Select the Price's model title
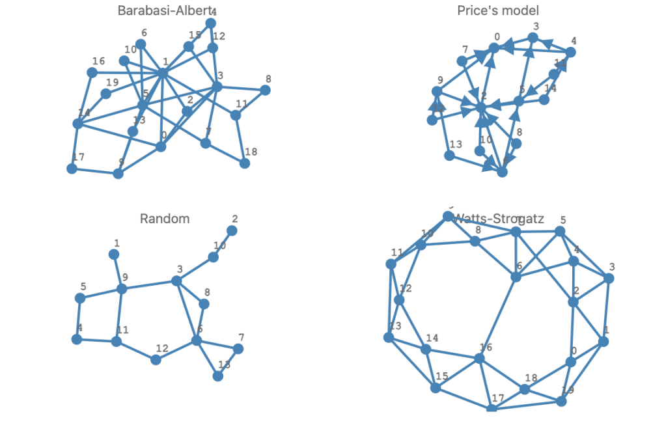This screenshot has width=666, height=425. (x=498, y=10)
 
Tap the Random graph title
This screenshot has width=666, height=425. (x=165, y=219)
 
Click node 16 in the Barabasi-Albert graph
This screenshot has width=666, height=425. (x=92, y=72)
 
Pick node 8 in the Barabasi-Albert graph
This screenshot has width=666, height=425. (x=265, y=90)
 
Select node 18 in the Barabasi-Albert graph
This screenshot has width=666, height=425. (x=245, y=163)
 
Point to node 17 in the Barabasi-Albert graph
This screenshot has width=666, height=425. (x=72, y=169)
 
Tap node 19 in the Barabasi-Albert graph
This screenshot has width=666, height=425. (x=105, y=94)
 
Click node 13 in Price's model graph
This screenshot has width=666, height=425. (x=449, y=156)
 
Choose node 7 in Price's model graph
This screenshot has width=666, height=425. (x=462, y=61)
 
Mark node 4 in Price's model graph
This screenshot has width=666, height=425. (x=570, y=52)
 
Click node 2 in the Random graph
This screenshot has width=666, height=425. (x=232, y=230)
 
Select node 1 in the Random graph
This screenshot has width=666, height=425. (x=114, y=254)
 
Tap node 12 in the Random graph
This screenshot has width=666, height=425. (x=156, y=359)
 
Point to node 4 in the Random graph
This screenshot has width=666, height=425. (x=77, y=338)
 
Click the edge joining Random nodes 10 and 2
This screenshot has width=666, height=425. (x=223, y=243)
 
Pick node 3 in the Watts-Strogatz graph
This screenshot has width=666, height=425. (x=609, y=278)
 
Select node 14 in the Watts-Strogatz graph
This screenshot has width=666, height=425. (x=426, y=350)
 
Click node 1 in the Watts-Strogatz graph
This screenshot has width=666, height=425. (x=604, y=341)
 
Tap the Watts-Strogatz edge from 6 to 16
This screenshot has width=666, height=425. (x=498, y=318)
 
